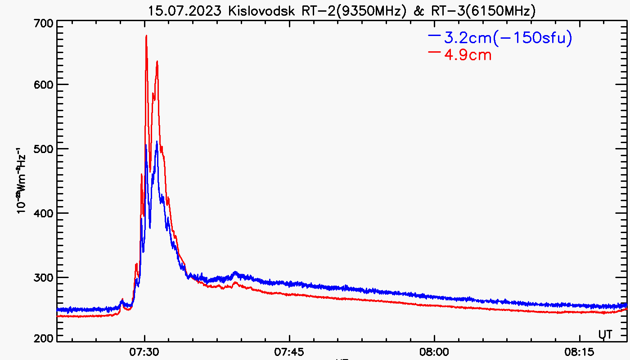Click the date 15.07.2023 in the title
pyautogui.click(x=185, y=11)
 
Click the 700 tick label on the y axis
pyautogui.click(x=43, y=23)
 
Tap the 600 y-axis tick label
pyautogui.click(x=43, y=85)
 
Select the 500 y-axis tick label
pyautogui.click(x=43, y=149)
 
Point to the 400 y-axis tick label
pyautogui.click(x=43, y=213)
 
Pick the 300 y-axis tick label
pyautogui.click(x=43, y=278)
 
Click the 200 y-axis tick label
pyautogui.click(x=43, y=338)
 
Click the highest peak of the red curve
pyautogui.click(x=146, y=36)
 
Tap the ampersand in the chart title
pyautogui.click(x=419, y=11)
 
